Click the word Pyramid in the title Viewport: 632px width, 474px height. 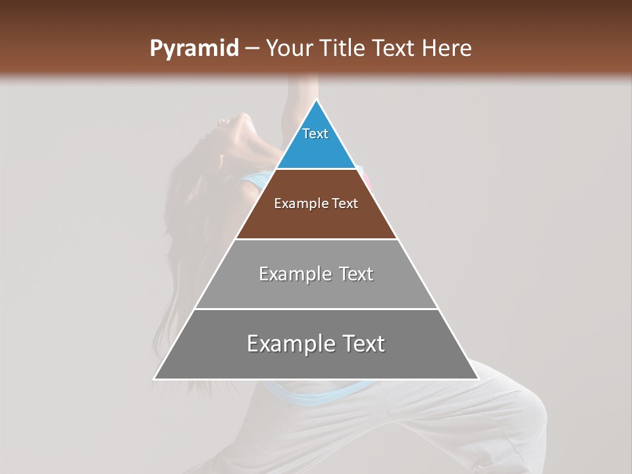click(x=194, y=48)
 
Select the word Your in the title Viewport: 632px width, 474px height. click(x=289, y=48)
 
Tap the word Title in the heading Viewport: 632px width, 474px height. click(x=342, y=48)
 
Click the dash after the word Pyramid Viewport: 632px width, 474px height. click(x=251, y=49)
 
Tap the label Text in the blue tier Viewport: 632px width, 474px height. click(x=315, y=134)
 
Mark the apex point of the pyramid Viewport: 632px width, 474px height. click(x=317, y=100)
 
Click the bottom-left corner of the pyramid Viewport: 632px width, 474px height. click(x=154, y=379)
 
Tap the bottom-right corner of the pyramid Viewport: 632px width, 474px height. click(x=478, y=379)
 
